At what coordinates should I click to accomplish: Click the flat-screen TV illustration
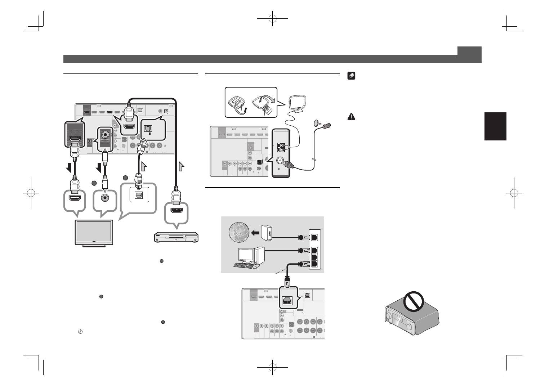point(94,233)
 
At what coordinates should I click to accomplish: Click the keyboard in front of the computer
point(243,266)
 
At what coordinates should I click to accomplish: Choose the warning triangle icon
point(351,116)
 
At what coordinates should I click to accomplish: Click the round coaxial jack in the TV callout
point(105,198)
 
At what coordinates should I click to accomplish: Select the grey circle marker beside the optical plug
point(125,178)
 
